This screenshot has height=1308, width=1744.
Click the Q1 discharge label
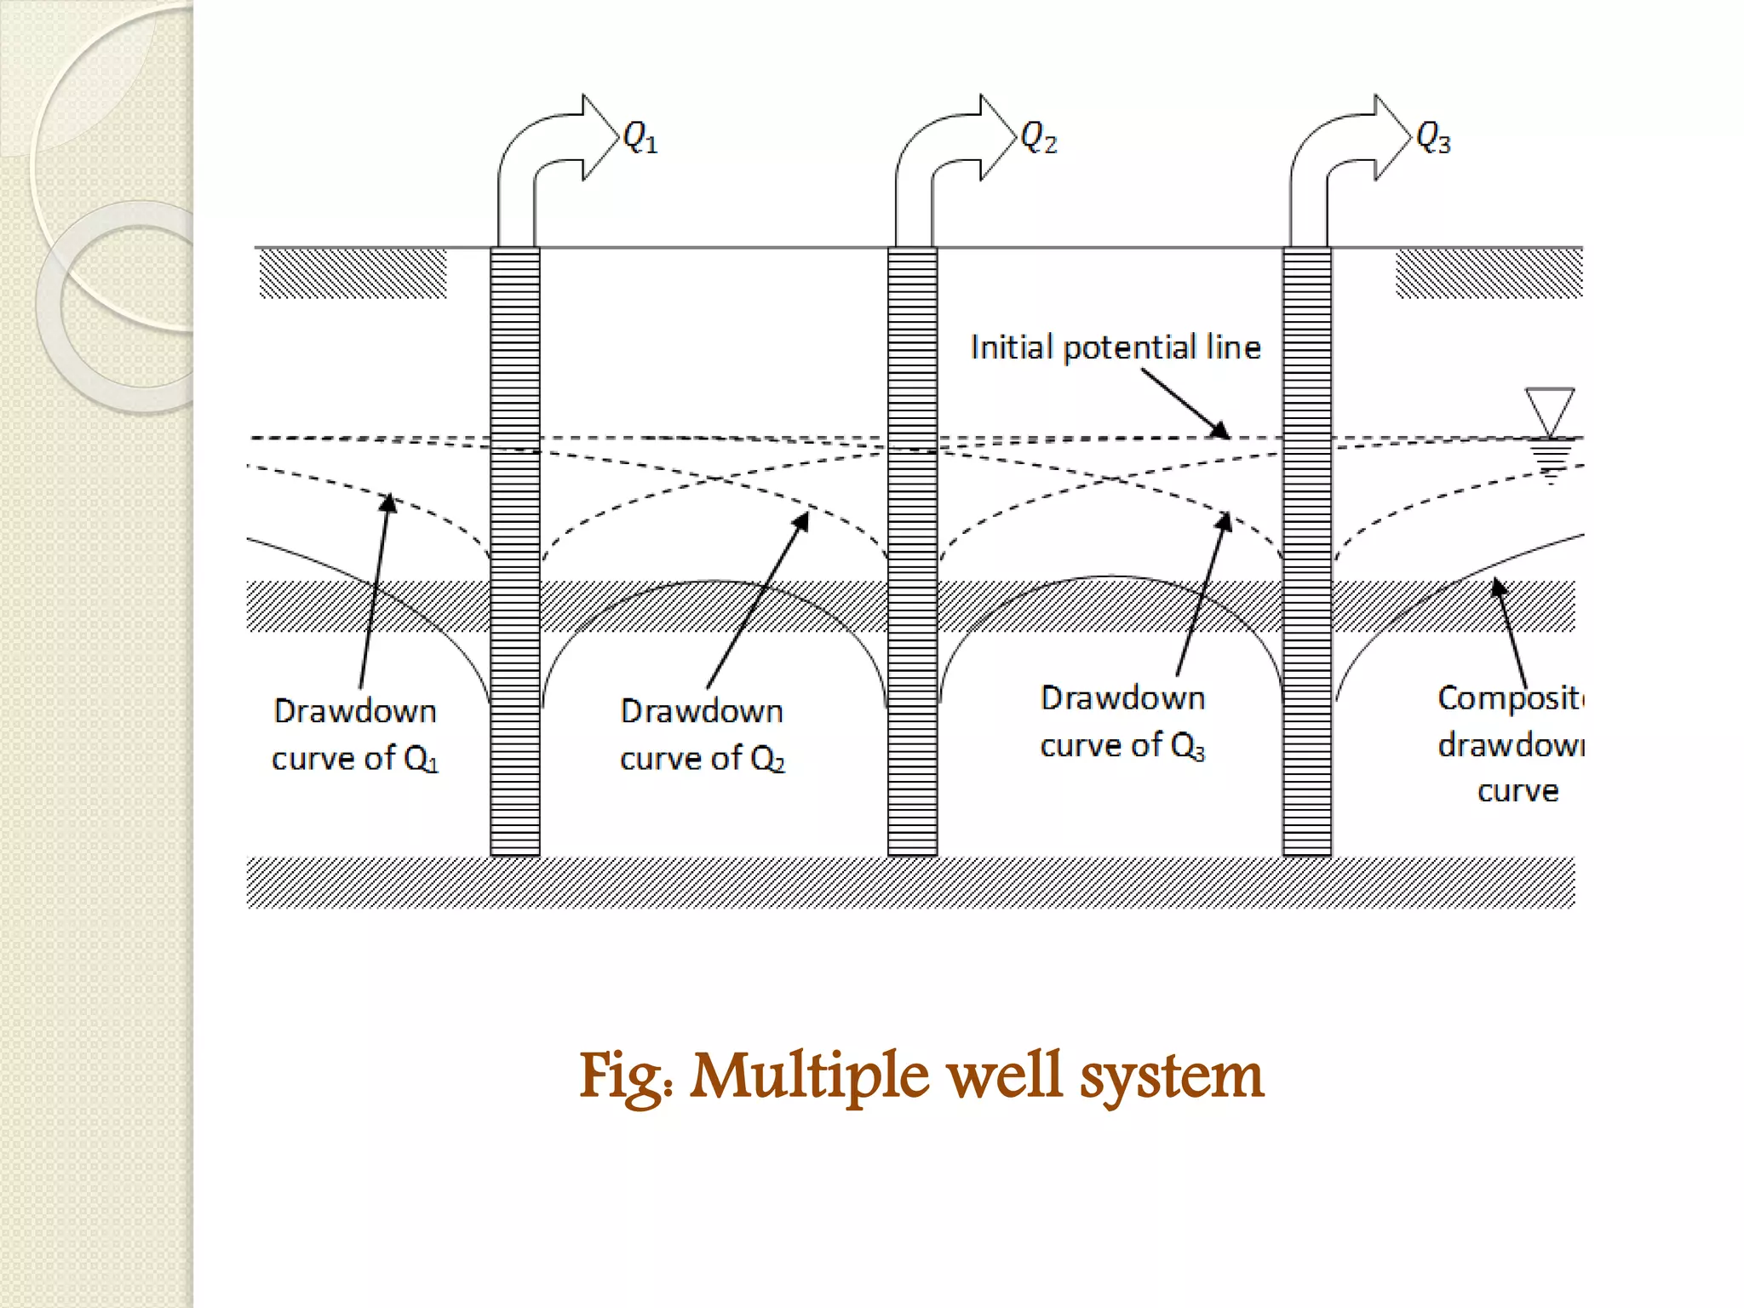point(640,137)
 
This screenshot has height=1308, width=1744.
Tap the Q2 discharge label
point(1038,137)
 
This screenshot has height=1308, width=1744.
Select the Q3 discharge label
point(1433,137)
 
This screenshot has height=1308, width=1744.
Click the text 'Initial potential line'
point(1116,347)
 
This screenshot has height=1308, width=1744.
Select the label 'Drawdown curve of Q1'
point(355,734)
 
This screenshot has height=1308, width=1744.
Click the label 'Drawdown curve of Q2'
point(703,734)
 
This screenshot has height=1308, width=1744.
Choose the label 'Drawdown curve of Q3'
point(1122,721)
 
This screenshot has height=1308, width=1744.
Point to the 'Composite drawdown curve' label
point(1511,744)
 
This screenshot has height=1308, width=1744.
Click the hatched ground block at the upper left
point(353,273)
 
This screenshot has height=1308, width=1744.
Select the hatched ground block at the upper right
point(1489,273)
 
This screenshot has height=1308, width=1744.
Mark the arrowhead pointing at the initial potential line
point(1221,430)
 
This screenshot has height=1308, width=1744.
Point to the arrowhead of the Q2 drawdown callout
point(801,520)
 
